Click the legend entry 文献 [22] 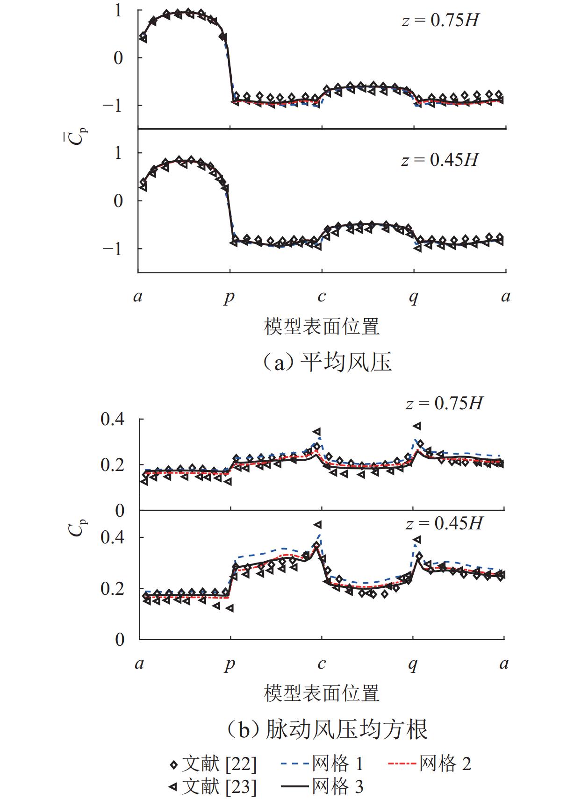click(213, 764)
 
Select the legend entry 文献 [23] click(213, 787)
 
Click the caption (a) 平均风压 click(326, 362)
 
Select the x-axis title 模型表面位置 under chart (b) click(322, 693)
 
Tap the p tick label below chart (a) click(229, 297)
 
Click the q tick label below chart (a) click(414, 297)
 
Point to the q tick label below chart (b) click(413, 663)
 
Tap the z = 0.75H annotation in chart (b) click(444, 403)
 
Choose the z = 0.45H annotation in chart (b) click(444, 523)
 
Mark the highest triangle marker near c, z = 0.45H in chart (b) click(318, 525)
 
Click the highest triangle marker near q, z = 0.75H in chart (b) click(416, 426)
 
